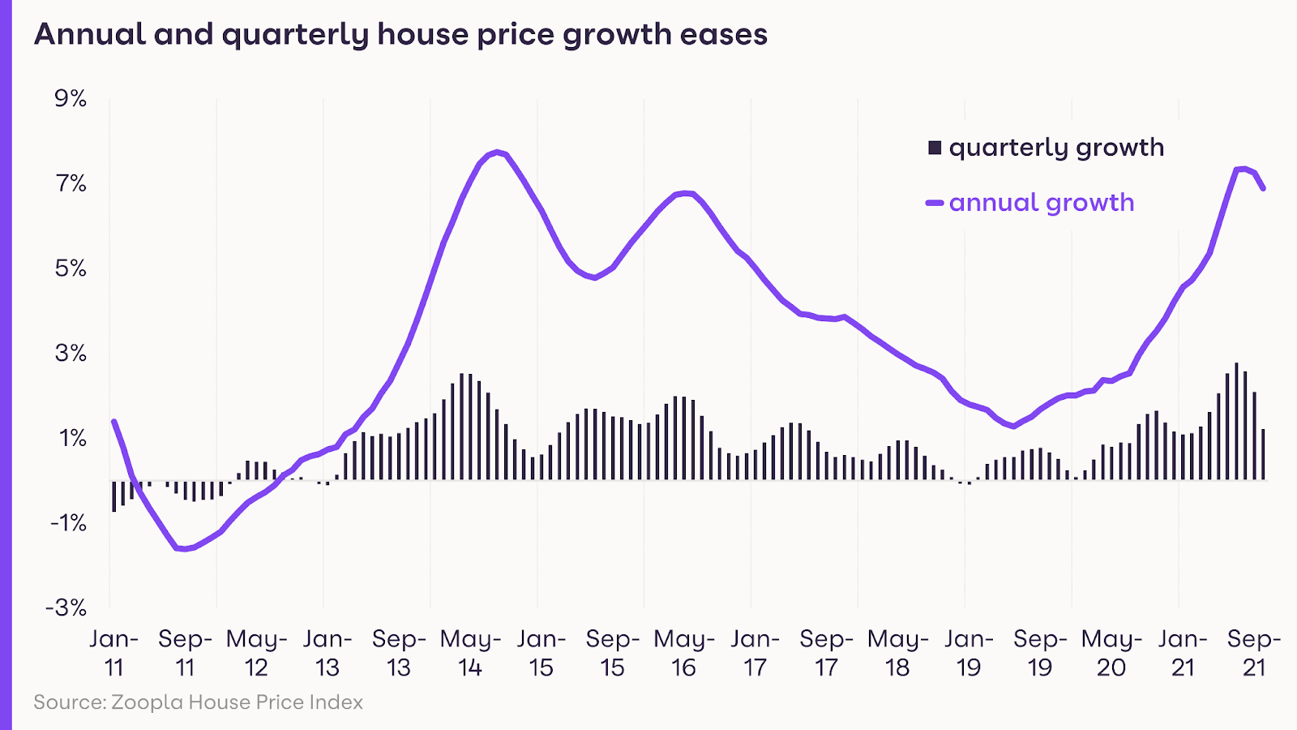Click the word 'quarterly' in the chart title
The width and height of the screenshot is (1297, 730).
[x=295, y=35]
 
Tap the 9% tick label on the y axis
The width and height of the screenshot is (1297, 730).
[x=71, y=99]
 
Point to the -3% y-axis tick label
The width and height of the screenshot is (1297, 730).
[x=66, y=608]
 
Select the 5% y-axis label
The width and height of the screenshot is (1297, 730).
[x=71, y=268]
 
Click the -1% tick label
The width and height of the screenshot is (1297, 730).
[x=67, y=523]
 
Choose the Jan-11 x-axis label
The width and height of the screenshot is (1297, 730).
[x=113, y=653]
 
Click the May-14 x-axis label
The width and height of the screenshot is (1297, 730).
[x=470, y=653]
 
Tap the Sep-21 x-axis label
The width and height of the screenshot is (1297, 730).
[x=1253, y=653]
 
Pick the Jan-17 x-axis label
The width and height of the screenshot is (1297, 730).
[x=755, y=653]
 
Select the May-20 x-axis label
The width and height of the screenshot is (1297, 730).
[x=1111, y=653]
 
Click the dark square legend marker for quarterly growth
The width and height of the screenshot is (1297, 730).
[x=935, y=148]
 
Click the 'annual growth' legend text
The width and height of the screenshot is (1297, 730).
[x=1042, y=202]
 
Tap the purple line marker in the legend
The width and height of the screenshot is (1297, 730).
[x=935, y=203]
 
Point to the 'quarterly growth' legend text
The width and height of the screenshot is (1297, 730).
[x=1056, y=148]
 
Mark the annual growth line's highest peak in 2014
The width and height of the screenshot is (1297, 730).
[x=498, y=152]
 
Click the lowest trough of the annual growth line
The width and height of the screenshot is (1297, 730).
[x=184, y=549]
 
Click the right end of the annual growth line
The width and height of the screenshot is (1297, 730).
[x=1263, y=188]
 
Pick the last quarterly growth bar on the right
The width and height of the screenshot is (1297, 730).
[x=1263, y=454]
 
